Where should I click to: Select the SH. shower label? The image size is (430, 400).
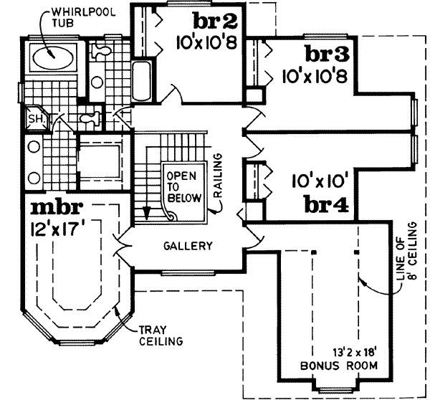(34, 118)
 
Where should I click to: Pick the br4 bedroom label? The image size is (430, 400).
(327, 206)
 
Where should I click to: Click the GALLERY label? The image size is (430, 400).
(188, 246)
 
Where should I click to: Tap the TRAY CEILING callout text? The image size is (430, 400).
(160, 335)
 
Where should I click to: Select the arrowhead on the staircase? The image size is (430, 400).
(146, 213)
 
